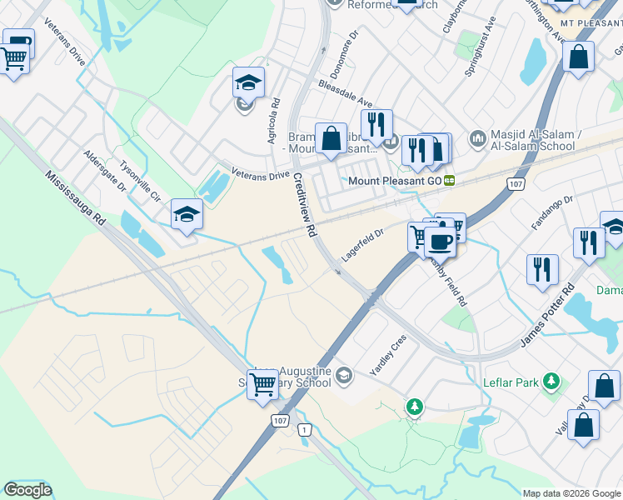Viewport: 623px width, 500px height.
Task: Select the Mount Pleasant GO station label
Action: click(396, 180)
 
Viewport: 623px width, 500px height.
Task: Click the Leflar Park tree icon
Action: click(550, 381)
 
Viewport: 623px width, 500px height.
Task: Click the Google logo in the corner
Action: click(27, 490)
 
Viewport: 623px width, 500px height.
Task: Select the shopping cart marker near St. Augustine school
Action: click(263, 384)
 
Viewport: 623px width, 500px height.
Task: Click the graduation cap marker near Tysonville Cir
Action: click(187, 214)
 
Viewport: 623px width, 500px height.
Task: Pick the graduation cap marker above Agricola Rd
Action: click(247, 82)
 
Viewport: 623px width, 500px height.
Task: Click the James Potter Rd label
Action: click(547, 316)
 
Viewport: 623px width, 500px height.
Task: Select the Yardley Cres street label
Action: click(387, 354)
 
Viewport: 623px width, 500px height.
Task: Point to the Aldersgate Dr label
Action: click(105, 172)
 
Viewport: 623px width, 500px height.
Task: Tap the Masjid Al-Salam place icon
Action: click(477, 137)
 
